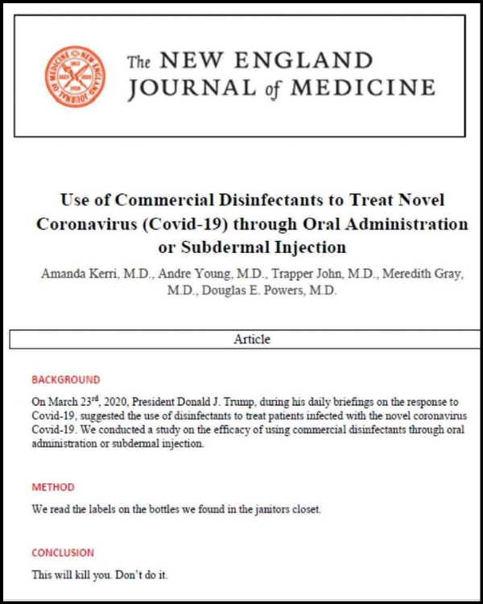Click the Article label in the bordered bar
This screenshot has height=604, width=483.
coord(252,339)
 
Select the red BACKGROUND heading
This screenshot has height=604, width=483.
coord(66,379)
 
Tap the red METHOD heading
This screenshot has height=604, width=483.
coord(53,487)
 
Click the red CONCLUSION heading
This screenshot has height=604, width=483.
coord(63,553)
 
